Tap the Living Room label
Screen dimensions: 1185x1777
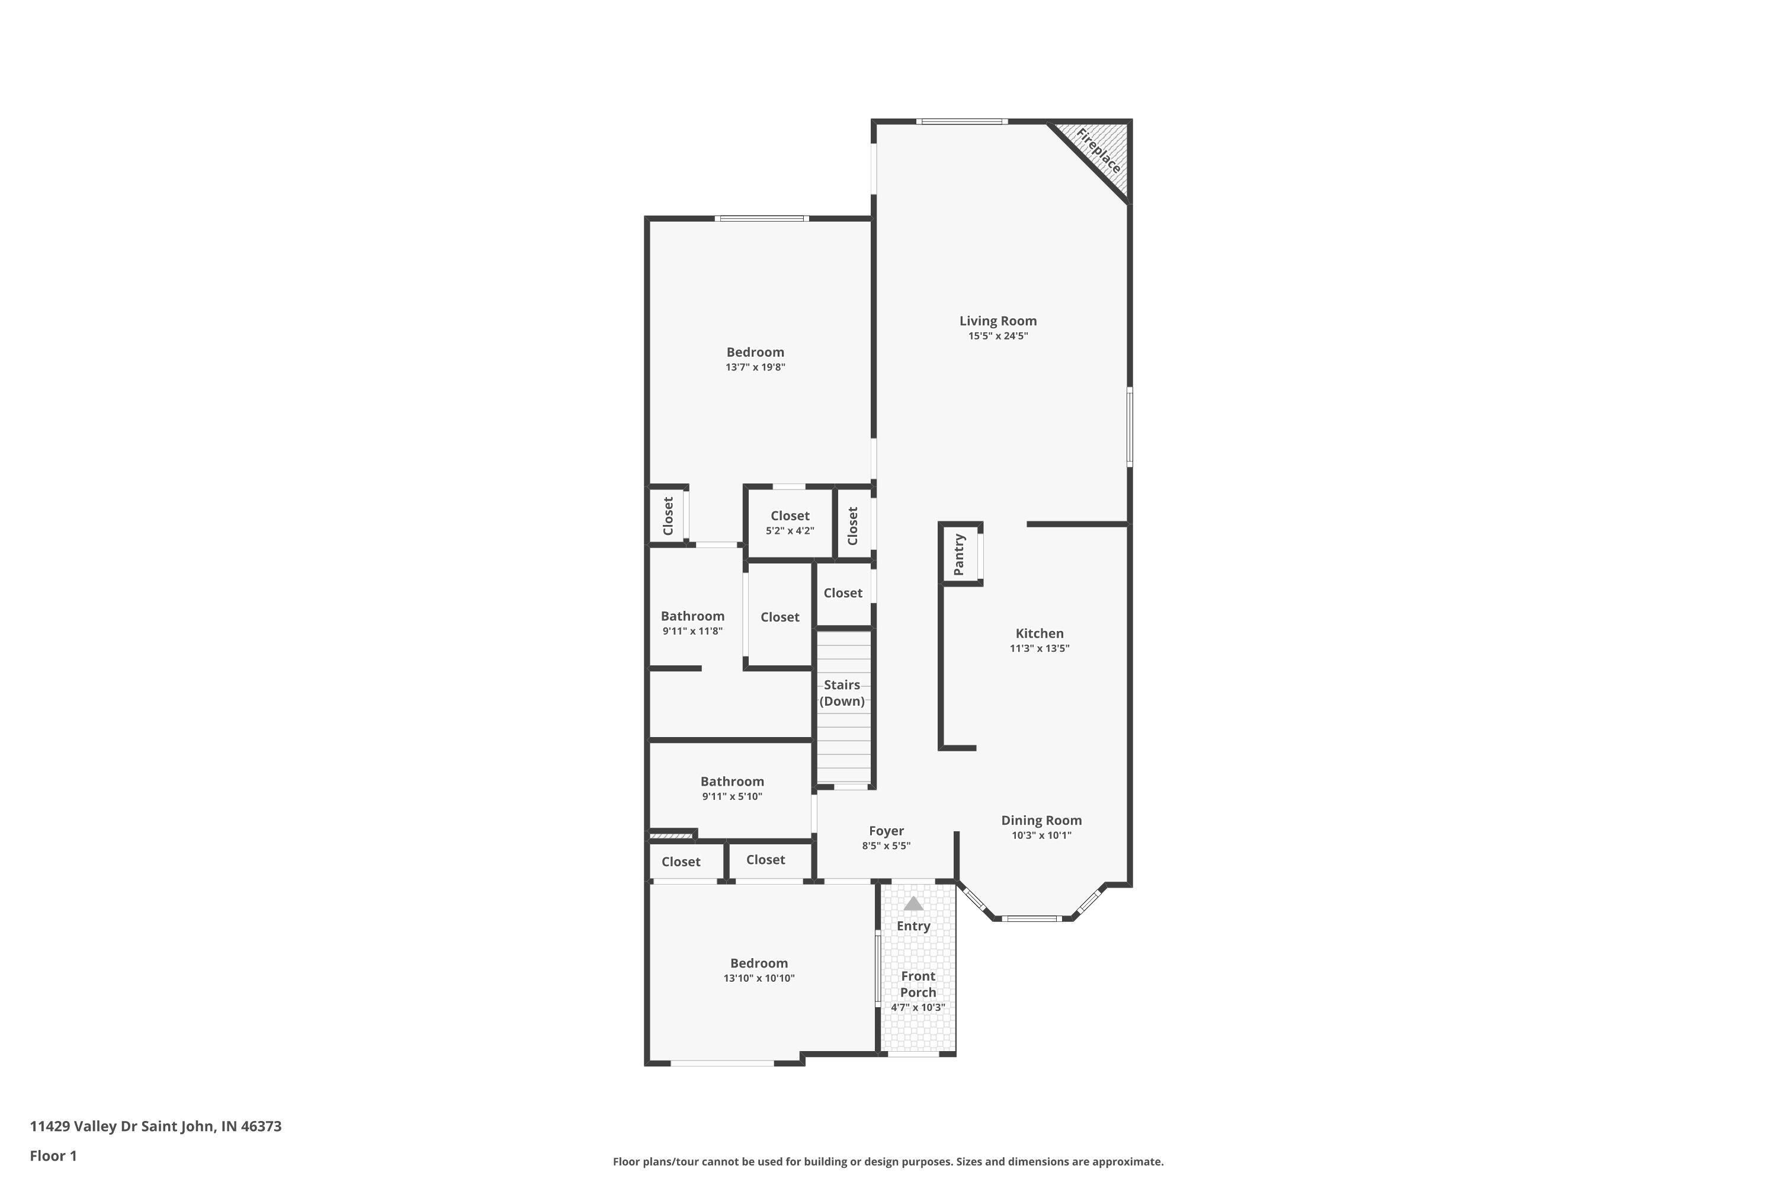click(x=997, y=321)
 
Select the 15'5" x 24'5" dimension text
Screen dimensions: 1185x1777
click(x=997, y=337)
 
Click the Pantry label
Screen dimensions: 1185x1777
click(x=959, y=555)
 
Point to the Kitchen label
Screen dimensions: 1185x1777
click(x=1039, y=633)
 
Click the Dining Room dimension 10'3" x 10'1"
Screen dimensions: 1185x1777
click(x=1041, y=835)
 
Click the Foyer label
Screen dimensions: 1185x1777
click(x=886, y=831)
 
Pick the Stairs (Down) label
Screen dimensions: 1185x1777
click(x=842, y=692)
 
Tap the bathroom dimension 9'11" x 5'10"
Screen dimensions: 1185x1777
click(x=732, y=796)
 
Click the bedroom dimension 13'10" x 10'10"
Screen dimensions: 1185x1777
click(x=759, y=978)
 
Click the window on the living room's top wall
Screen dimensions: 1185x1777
click(x=962, y=121)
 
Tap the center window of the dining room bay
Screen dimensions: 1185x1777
click(x=1031, y=918)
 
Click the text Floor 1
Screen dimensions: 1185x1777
click(x=53, y=1155)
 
